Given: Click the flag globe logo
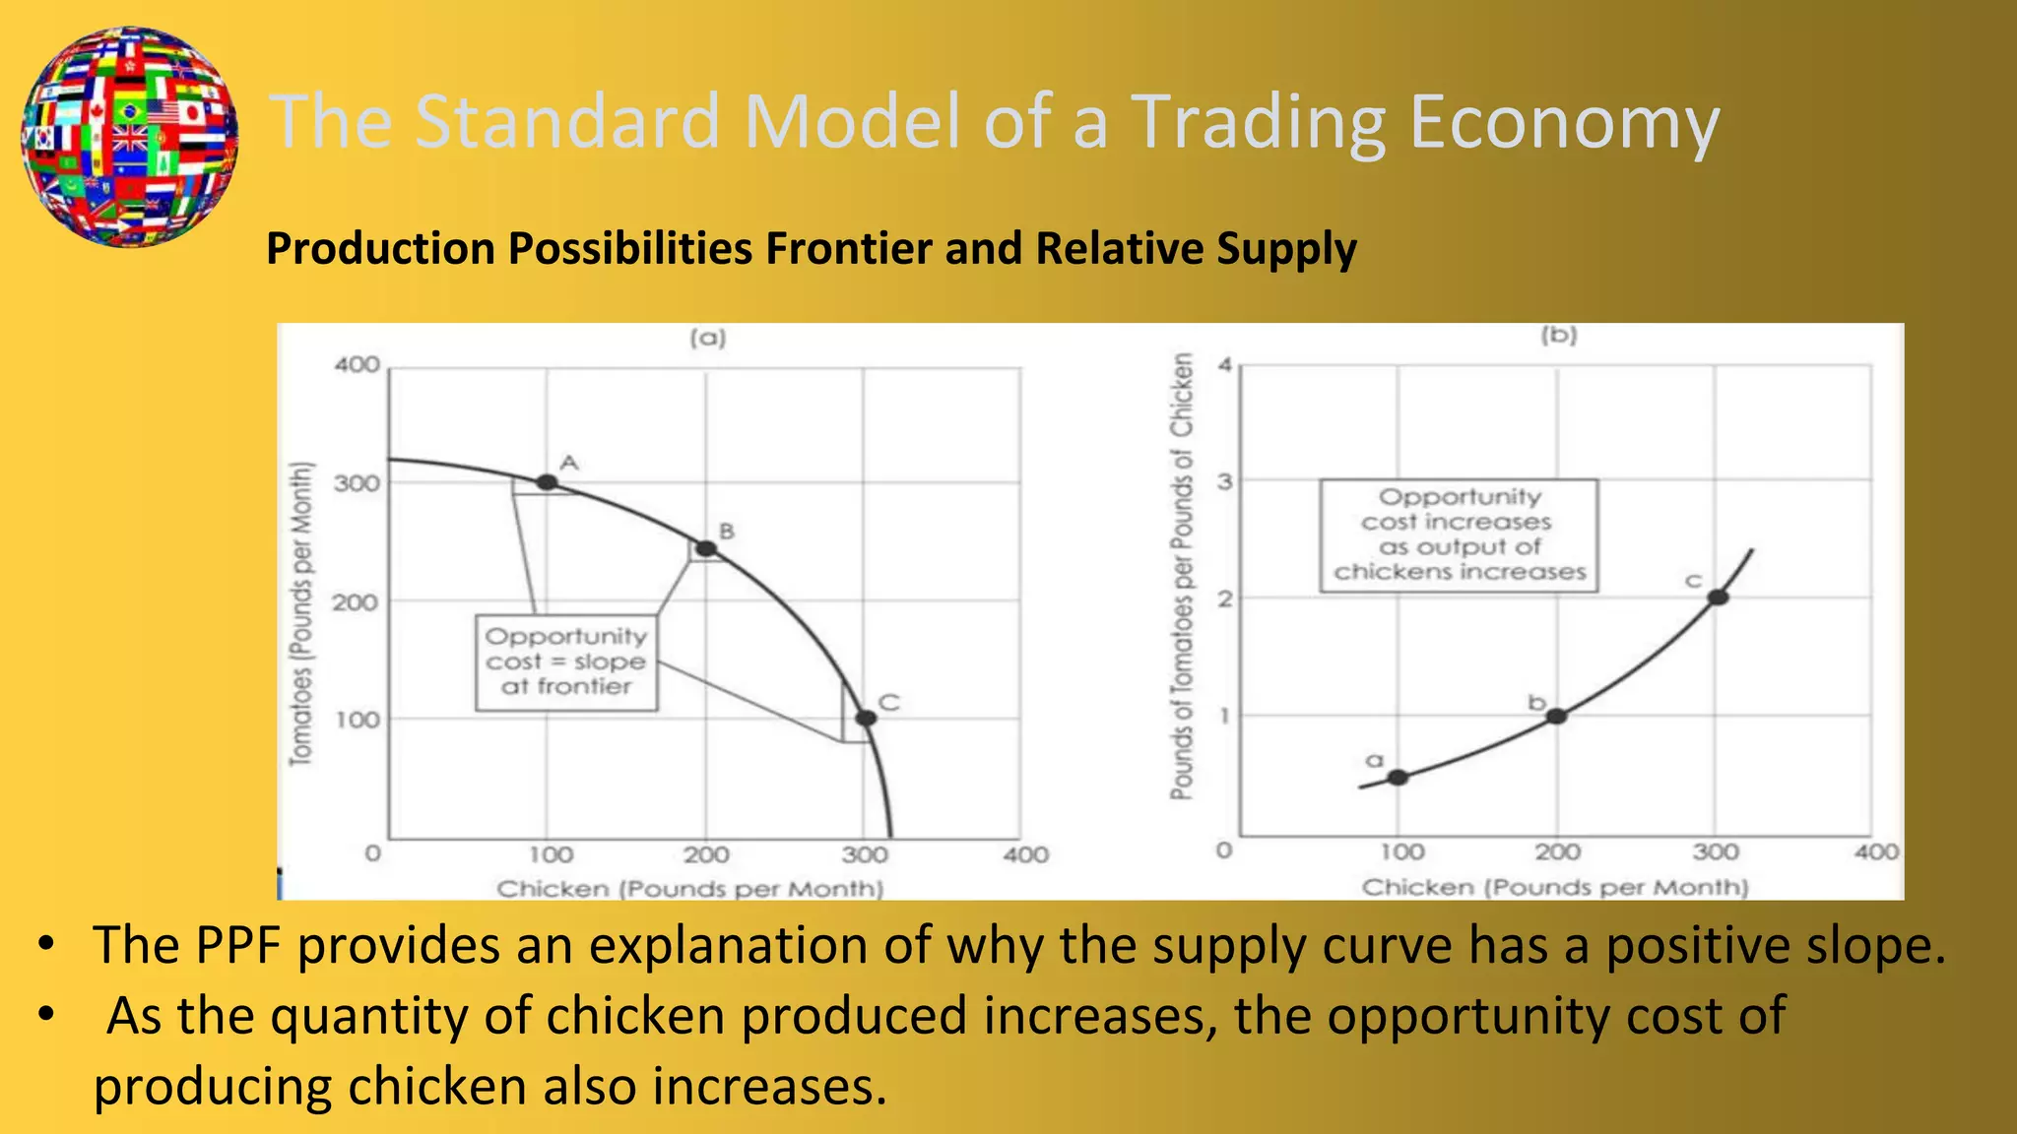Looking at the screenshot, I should click(x=129, y=136).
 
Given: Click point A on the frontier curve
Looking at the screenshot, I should click(x=547, y=482).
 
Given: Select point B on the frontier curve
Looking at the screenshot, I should click(x=706, y=548).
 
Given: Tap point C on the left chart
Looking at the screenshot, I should click(x=866, y=719).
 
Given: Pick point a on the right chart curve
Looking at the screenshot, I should click(x=1398, y=778).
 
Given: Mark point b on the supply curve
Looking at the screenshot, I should click(x=1556, y=716).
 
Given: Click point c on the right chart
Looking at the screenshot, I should click(x=1718, y=597).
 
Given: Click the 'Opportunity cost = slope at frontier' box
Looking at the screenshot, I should click(x=566, y=662).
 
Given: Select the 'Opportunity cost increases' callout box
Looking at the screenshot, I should click(x=1459, y=535).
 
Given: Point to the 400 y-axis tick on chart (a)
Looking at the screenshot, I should click(x=357, y=365).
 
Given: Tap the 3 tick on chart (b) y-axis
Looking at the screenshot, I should click(x=1224, y=481).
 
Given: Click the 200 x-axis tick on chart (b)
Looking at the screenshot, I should click(x=1557, y=851).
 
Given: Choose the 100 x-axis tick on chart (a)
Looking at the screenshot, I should click(x=551, y=854).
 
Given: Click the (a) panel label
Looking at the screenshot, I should click(x=707, y=339).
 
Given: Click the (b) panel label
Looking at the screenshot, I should click(x=1559, y=336).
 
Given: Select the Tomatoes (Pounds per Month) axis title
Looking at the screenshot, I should click(x=301, y=612).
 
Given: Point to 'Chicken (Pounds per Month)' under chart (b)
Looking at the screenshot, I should click(x=1554, y=887).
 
